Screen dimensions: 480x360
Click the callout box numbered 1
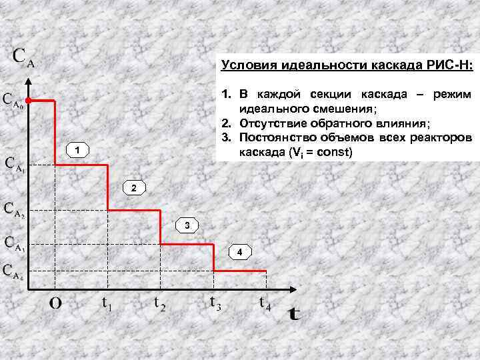78,150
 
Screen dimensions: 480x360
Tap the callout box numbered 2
133,189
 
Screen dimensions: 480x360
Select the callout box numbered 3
187,225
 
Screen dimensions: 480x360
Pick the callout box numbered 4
239,251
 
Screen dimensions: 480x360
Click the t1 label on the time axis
106,304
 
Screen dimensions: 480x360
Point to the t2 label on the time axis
160,304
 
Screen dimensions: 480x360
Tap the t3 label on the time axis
215,303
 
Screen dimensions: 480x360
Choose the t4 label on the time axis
265,304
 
